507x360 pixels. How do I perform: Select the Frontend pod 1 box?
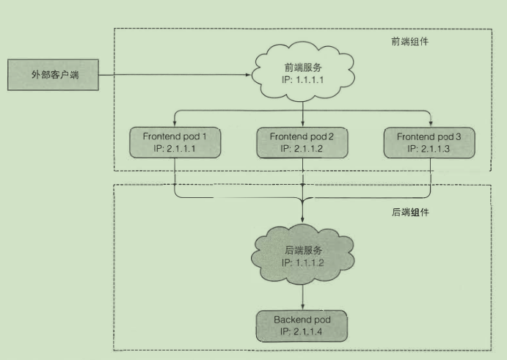pos(173,142)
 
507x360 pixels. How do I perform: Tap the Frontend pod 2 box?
pos(302,142)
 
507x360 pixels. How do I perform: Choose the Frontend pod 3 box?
pos(429,142)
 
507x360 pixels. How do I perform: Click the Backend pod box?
pos(302,326)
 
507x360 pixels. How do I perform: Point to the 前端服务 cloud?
pos(302,71)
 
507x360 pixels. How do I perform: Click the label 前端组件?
pos(409,42)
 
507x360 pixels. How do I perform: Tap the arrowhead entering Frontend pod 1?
pos(173,123)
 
